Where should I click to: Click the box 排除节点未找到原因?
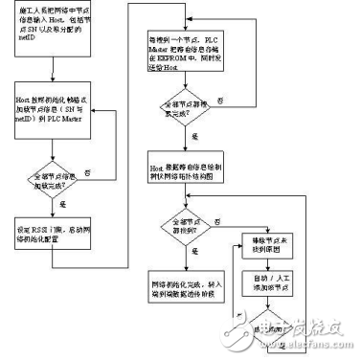click(x=265, y=239)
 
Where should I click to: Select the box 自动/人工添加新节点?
click(x=265, y=286)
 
